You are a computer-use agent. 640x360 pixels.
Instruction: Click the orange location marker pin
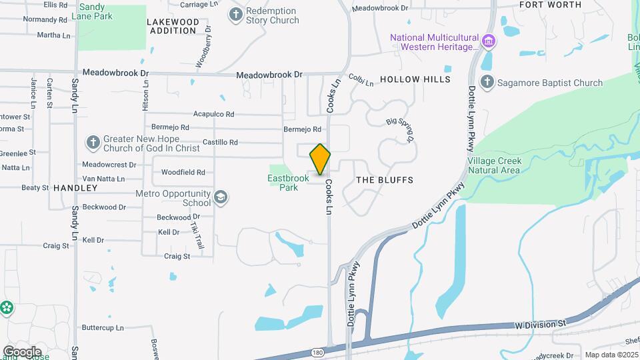[320, 159]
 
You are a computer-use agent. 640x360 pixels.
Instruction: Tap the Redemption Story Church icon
[235, 14]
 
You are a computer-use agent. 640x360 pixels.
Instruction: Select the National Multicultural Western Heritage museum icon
[489, 42]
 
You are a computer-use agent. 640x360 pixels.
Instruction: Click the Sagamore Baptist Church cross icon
[487, 83]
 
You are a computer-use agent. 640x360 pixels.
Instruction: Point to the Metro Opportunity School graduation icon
[221, 198]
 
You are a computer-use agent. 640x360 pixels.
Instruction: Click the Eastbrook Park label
[288, 183]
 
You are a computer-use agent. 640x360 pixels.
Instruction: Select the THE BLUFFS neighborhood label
[385, 180]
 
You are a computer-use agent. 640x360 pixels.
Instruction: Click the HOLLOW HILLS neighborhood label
[415, 79]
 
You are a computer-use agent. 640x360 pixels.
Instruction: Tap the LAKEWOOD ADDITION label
[173, 26]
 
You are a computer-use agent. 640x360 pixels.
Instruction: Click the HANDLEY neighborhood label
[76, 188]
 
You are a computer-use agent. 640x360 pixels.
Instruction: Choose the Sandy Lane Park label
[97, 11]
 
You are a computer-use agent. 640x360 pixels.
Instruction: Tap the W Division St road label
[540, 324]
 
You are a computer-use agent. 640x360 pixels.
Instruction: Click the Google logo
[22, 351]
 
